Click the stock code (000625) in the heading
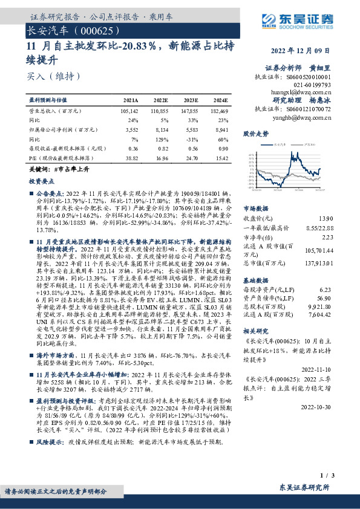click(93, 30)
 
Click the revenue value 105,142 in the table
click(129, 112)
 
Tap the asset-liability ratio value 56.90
click(325, 298)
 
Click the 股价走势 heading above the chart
click(256, 132)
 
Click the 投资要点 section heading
click(42, 181)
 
